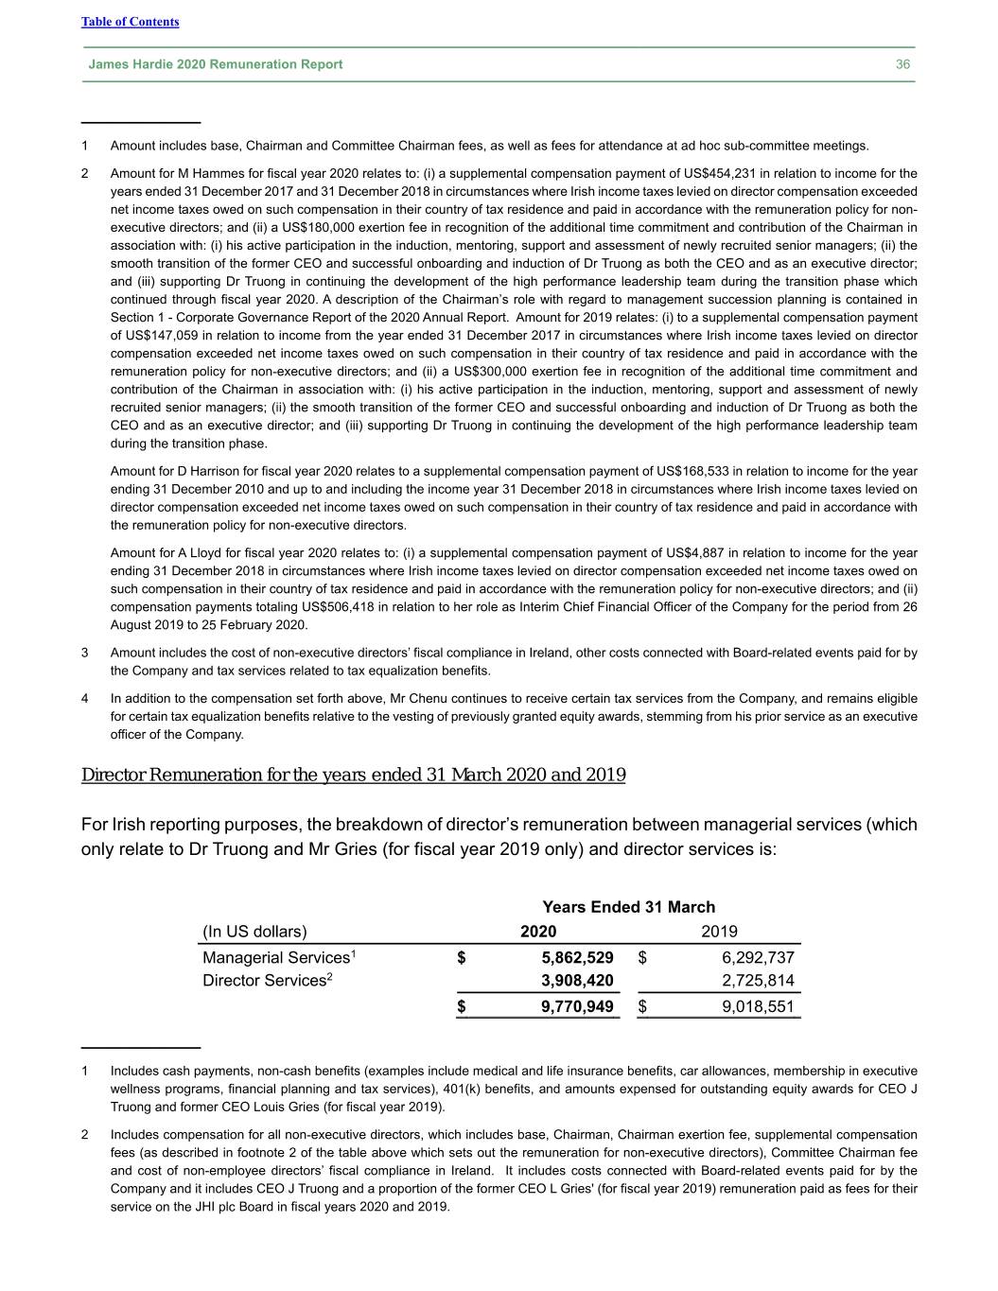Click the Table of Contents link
pyautogui.click(x=130, y=22)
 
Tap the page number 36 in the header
pyautogui.click(x=902, y=64)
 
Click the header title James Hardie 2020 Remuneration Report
pyautogui.click(x=215, y=64)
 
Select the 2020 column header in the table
pyautogui.click(x=538, y=931)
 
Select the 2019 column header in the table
pyautogui.click(x=719, y=931)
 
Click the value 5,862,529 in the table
pyautogui.click(x=577, y=957)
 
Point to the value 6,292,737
pyautogui.click(x=758, y=957)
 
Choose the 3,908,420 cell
pyautogui.click(x=577, y=980)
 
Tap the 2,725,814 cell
pyautogui.click(x=758, y=980)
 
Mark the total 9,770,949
pyautogui.click(x=577, y=1006)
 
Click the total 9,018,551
pyautogui.click(x=758, y=1006)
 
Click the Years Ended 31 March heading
pyautogui.click(x=628, y=907)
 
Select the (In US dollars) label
pyautogui.click(x=254, y=931)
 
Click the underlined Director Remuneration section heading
pyautogui.click(x=353, y=776)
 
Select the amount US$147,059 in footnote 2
pyautogui.click(x=152, y=336)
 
